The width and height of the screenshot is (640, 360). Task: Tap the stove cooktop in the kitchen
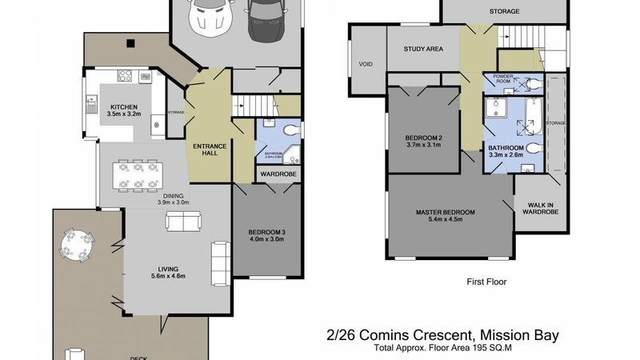tap(126, 76)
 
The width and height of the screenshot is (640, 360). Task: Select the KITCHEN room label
tap(124, 110)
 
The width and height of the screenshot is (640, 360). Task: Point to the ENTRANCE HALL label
tap(210, 150)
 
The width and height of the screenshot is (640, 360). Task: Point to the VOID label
tap(366, 63)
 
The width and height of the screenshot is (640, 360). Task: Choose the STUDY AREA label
tap(423, 49)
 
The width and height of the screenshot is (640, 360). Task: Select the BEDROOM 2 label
tap(423, 141)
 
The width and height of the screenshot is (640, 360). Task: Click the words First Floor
tap(486, 282)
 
